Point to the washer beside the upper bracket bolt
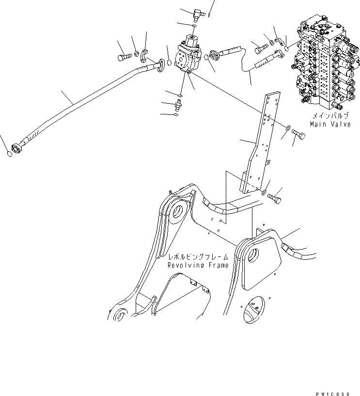[287, 128]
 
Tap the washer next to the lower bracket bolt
[265, 192]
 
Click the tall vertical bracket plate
[257, 145]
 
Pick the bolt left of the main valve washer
[259, 48]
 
